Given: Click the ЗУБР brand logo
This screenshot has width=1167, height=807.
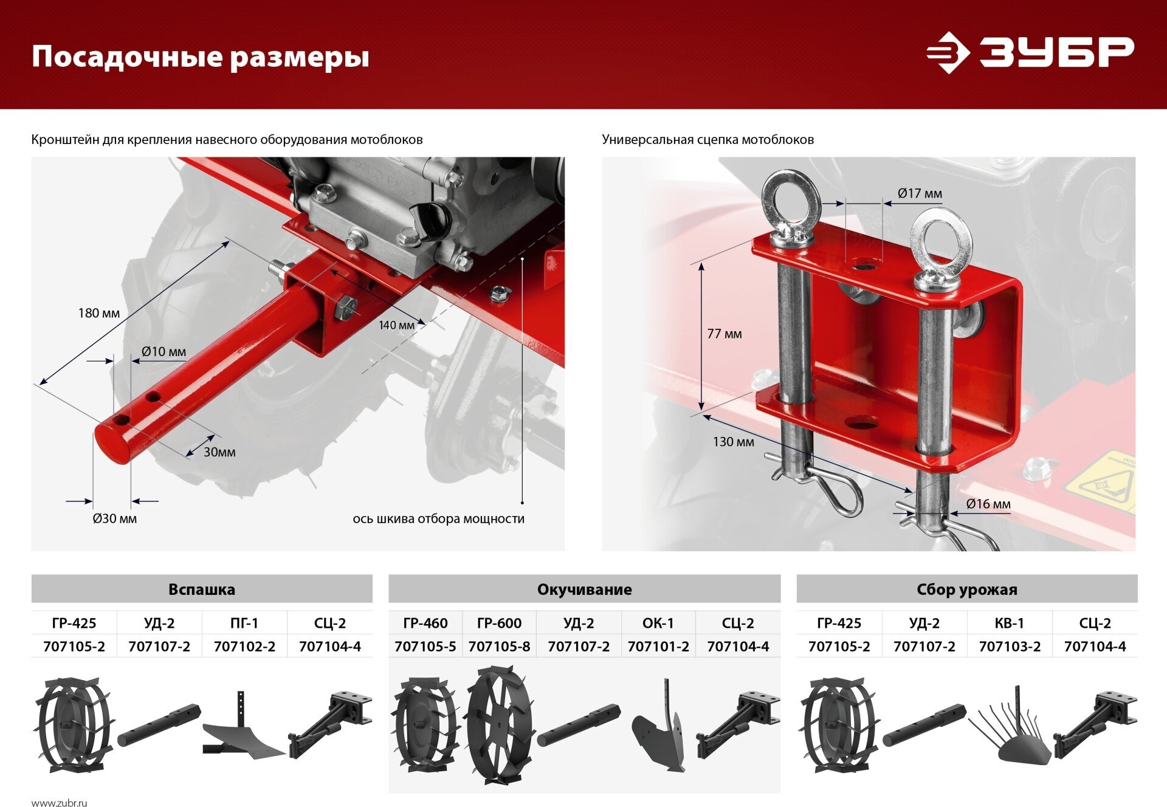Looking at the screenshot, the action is [x=1030, y=52].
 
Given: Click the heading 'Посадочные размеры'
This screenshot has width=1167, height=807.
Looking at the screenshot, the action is [x=200, y=57].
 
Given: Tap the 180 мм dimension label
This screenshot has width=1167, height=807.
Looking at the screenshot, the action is [x=98, y=314].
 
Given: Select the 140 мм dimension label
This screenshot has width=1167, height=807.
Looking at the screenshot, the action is [x=396, y=325].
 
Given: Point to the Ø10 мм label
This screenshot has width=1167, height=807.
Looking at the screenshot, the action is [x=164, y=352].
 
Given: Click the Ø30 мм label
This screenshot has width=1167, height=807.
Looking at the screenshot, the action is [x=114, y=519].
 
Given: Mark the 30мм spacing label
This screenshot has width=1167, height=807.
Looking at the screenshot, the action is [x=219, y=452].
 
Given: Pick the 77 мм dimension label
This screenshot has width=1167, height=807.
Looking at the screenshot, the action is [x=724, y=334].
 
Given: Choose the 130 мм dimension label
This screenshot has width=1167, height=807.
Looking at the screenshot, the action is [x=733, y=442].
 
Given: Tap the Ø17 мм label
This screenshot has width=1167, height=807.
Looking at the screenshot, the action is [x=920, y=194].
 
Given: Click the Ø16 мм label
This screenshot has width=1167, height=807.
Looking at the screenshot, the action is [x=988, y=504].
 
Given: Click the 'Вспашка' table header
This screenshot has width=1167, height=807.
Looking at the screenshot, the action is [x=201, y=589].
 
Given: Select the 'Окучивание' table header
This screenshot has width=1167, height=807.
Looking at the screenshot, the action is [x=584, y=589].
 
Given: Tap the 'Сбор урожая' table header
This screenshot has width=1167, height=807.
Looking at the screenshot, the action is [x=966, y=589].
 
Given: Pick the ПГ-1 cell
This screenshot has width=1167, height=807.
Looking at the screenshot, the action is [x=244, y=623].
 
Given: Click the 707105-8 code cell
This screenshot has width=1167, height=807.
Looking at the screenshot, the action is [x=499, y=647].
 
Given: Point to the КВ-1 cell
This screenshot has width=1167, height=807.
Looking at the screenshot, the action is [x=1009, y=623].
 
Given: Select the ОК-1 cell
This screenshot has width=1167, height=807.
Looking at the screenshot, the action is [x=658, y=623].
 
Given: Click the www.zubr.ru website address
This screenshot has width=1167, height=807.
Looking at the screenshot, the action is [x=59, y=803].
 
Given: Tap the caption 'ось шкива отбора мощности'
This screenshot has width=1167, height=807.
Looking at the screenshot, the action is [x=438, y=519].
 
